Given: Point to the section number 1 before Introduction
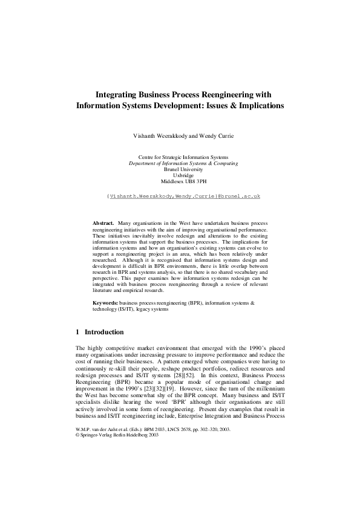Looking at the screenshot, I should (x=77, y=332).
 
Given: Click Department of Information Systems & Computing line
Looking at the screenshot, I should (x=183, y=163).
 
